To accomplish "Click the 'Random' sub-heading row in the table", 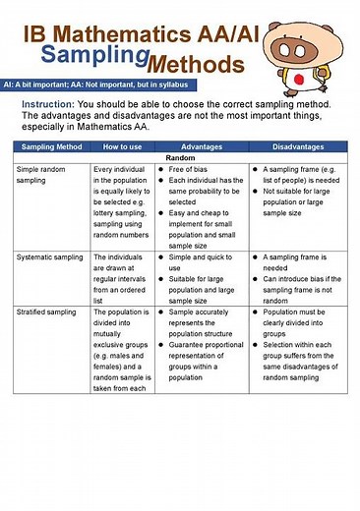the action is (x=180, y=157).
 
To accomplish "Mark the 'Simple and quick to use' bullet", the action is (x=197, y=261).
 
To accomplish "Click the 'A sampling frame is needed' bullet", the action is (x=294, y=261).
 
